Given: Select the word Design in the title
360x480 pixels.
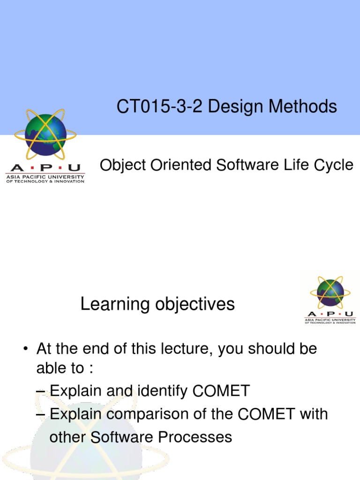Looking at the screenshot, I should (237, 107).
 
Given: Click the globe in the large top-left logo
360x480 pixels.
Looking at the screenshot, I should (45, 135).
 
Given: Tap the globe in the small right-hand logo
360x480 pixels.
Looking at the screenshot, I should (330, 293).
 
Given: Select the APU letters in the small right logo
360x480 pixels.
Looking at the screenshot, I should (330, 314).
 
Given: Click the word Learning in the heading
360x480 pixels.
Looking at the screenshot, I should (108, 305).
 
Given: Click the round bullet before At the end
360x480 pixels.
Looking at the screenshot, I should (27, 350).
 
